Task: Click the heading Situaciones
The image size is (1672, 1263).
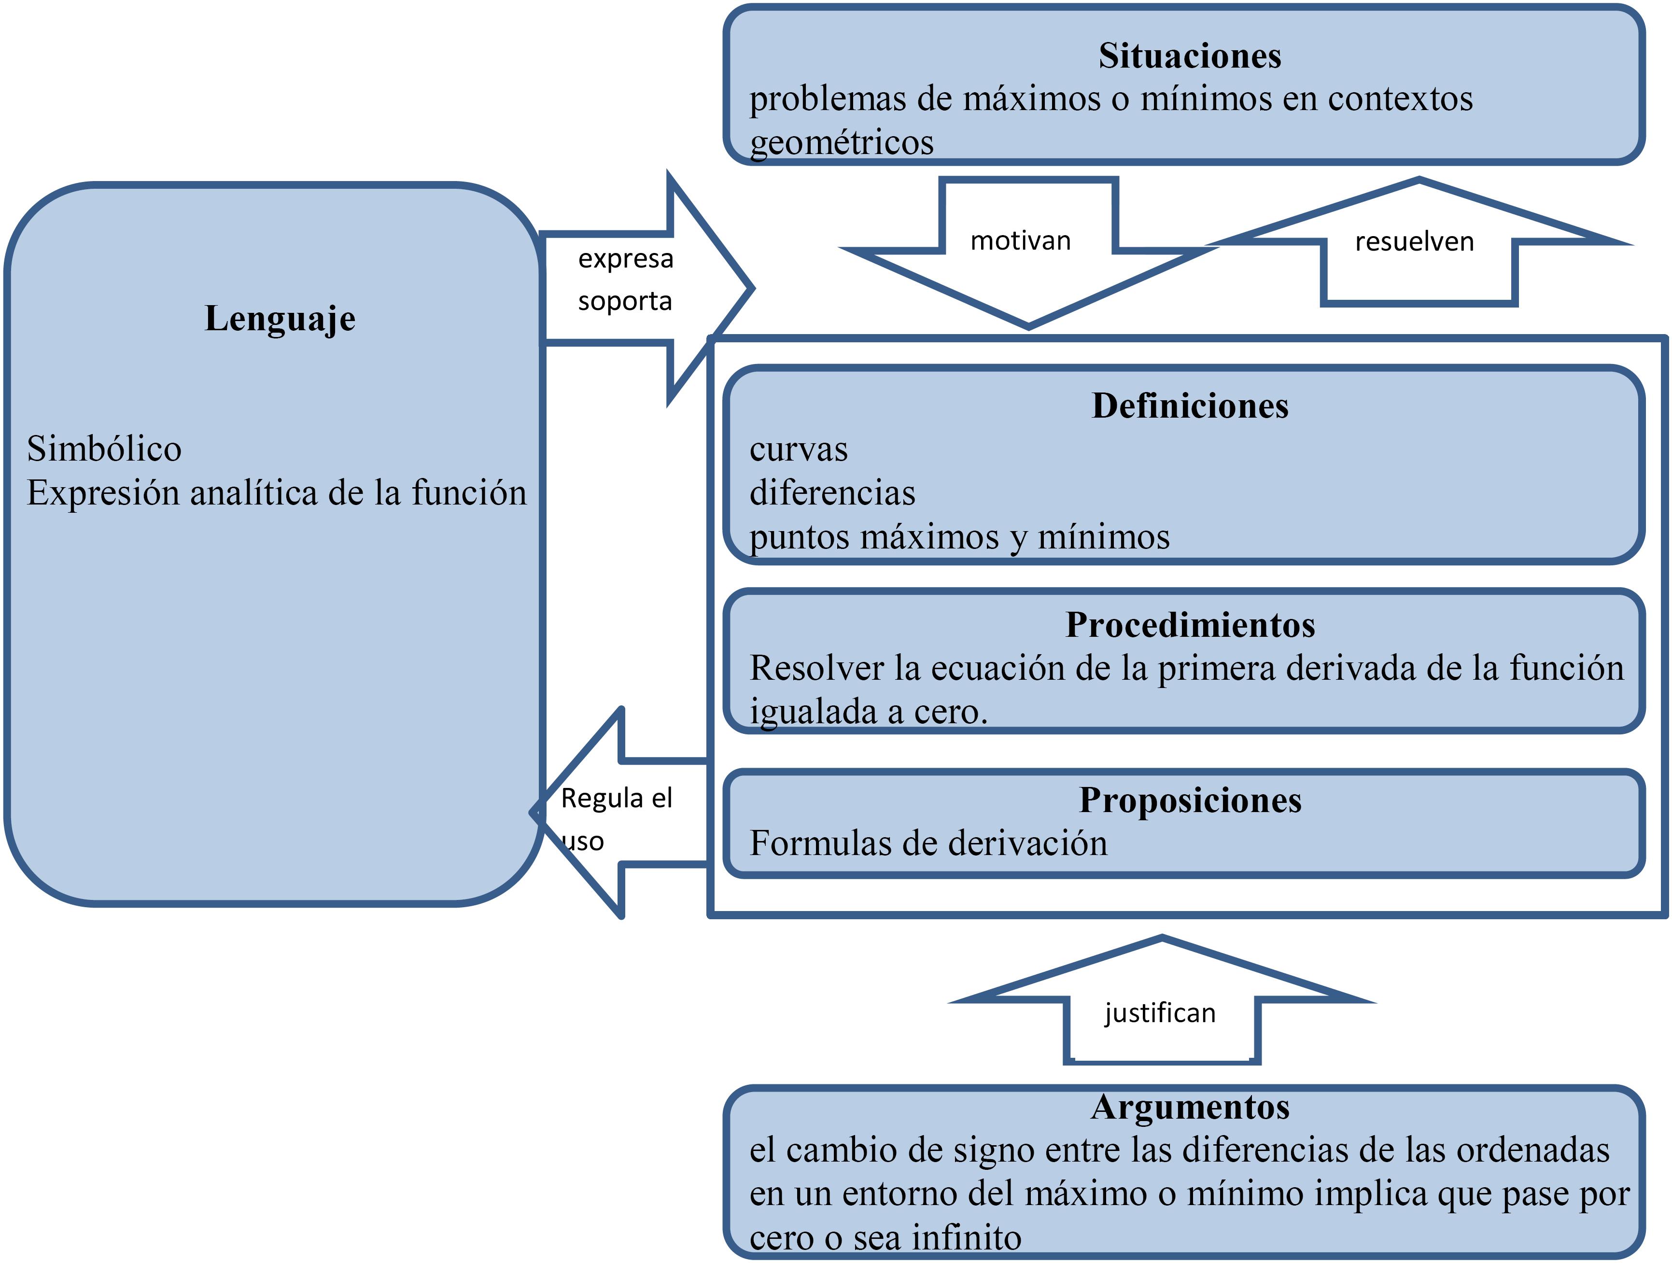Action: (x=1189, y=56)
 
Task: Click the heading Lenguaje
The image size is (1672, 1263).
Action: (x=280, y=318)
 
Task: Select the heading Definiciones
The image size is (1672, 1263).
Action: (x=1190, y=406)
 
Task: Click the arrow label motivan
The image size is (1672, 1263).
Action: (x=1020, y=241)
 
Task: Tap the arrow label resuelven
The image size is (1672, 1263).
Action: (x=1414, y=242)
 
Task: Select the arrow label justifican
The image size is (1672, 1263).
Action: (x=1160, y=1013)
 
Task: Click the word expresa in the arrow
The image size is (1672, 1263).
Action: (x=625, y=258)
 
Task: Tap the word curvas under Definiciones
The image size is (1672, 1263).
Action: (x=798, y=449)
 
